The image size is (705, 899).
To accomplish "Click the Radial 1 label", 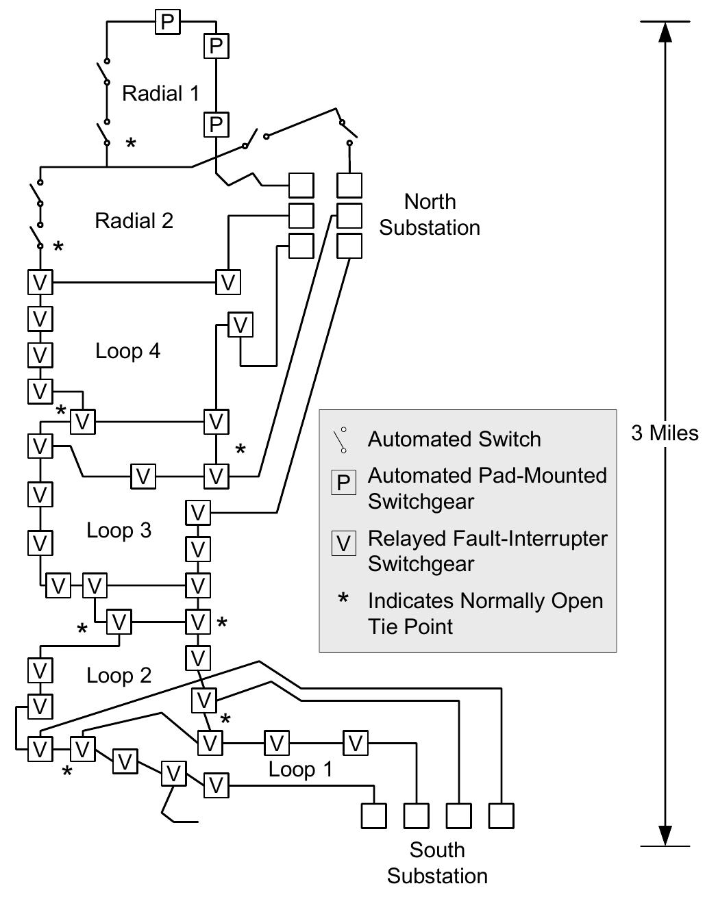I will [x=160, y=93].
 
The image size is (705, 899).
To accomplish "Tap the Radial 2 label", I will [x=134, y=220].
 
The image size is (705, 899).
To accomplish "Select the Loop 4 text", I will [x=127, y=351].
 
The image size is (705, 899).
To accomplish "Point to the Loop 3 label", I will [x=119, y=531].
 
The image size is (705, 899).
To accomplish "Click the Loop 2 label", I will [x=119, y=676].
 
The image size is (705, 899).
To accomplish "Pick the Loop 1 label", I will [x=300, y=769].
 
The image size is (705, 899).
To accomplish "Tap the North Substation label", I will [x=430, y=214].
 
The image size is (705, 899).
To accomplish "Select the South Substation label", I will [x=437, y=863].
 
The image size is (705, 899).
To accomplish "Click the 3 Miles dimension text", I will [x=665, y=433].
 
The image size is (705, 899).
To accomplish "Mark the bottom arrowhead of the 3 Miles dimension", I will [x=665, y=835].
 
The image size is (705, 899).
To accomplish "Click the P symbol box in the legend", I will [x=343, y=483].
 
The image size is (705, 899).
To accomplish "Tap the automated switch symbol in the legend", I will [x=341, y=440].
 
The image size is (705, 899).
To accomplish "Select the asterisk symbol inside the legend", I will [x=343, y=600].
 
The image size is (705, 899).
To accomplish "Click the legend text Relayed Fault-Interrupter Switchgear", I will [x=487, y=550].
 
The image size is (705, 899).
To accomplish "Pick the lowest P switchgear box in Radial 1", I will [x=216, y=125].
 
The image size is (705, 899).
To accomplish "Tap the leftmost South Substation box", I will [x=373, y=816].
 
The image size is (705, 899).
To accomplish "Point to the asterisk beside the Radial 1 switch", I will [x=131, y=143].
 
